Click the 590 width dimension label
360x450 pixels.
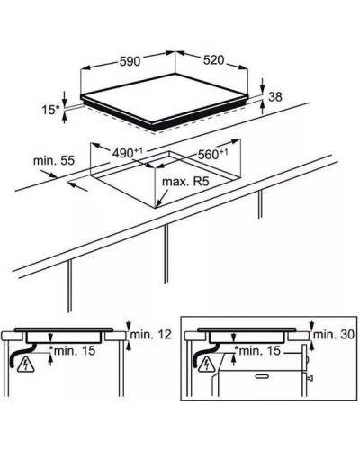(130, 61)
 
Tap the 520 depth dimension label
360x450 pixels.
(213, 60)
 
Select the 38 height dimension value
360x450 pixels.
(275, 97)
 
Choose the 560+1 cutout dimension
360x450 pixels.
(213, 154)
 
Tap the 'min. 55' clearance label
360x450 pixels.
(53, 161)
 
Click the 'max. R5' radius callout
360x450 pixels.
(185, 182)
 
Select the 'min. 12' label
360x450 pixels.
(151, 334)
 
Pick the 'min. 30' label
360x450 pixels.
(334, 334)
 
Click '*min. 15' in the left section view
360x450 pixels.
(72, 350)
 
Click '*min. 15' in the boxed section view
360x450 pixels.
(257, 350)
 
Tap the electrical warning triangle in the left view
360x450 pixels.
(26, 365)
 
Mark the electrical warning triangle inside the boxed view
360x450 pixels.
(207, 364)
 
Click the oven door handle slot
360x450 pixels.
(264, 376)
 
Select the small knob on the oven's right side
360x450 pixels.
(311, 378)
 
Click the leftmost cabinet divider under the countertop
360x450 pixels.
(69, 286)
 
